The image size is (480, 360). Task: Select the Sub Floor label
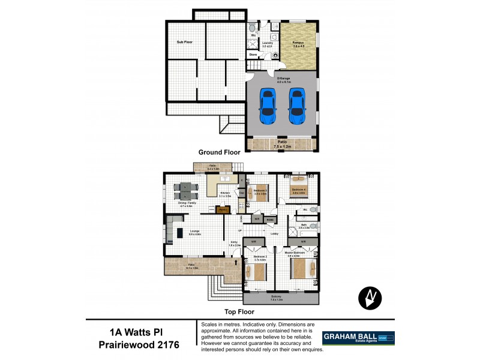[x=184, y=42]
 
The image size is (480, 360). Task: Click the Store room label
[x=253, y=55]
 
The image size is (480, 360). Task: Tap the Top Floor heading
[x=240, y=312]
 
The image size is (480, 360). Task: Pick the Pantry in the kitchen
[x=223, y=210]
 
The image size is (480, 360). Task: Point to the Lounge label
[x=194, y=230]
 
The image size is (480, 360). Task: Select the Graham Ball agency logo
[x=359, y=338]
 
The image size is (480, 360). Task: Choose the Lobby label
[x=275, y=233]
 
